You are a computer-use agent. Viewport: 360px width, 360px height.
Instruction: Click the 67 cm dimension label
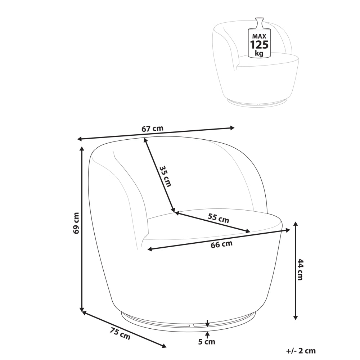152,129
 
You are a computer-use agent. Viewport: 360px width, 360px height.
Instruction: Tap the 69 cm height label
76,223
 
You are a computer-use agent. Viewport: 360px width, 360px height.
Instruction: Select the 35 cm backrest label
165,176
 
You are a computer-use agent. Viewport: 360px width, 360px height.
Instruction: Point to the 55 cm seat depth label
219,218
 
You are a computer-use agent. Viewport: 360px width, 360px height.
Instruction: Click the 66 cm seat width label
221,244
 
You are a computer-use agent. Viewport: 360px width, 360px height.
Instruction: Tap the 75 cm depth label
120,334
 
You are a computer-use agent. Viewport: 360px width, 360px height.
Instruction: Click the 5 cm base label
207,342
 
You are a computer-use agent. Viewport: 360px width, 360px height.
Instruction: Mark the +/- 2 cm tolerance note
301,351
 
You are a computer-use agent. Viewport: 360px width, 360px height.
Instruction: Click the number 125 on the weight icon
259,45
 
